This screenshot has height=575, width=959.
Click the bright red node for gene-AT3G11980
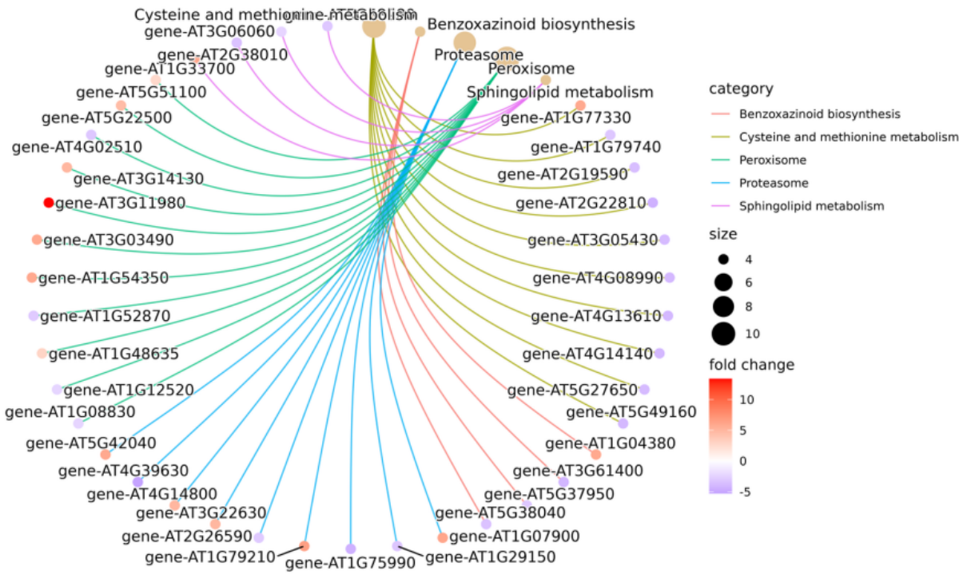49,203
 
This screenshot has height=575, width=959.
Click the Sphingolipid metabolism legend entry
811,206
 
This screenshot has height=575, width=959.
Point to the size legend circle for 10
724,332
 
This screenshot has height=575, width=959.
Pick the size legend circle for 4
724,260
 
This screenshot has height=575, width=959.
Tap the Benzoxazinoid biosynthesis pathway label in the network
531,24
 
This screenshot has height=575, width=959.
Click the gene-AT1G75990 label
350,563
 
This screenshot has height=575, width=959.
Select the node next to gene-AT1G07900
443,537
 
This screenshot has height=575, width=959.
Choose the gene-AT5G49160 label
631,412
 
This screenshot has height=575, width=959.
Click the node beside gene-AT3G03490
37,240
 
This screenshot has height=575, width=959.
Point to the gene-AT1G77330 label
565,118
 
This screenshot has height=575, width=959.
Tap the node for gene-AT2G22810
653,203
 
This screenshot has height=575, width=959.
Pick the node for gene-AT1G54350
31,277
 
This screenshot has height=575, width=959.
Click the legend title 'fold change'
751,365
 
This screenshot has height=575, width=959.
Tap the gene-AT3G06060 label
210,31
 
